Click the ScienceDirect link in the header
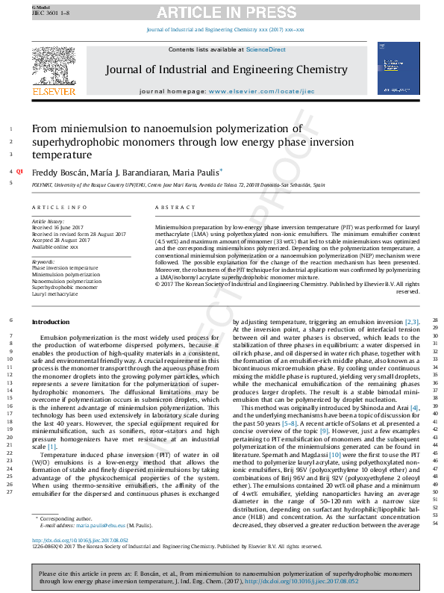[x=266, y=49]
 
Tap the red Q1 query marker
[x=20, y=172]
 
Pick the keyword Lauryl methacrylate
[x=54, y=294]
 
